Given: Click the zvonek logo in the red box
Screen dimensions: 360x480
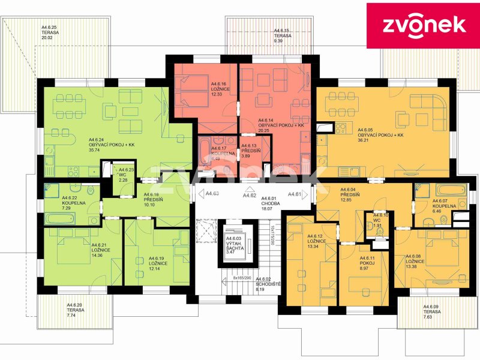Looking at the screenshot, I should click(x=423, y=25).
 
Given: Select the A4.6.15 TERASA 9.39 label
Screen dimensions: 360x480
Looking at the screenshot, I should click(x=282, y=35).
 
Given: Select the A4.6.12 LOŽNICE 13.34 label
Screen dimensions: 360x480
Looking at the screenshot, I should click(x=317, y=241).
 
